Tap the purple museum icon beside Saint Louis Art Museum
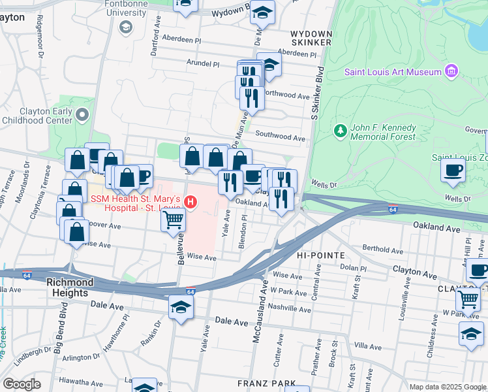(x=450, y=71)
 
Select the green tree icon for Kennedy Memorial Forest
(x=339, y=131)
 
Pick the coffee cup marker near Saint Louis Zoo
(x=453, y=170)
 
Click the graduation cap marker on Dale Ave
(x=181, y=307)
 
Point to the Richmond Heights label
(x=76, y=288)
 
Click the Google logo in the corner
(x=22, y=384)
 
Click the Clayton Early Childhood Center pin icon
(x=82, y=116)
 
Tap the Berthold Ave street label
(x=385, y=249)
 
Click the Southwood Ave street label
(x=281, y=139)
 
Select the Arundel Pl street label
(x=203, y=64)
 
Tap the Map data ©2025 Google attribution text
(x=447, y=387)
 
